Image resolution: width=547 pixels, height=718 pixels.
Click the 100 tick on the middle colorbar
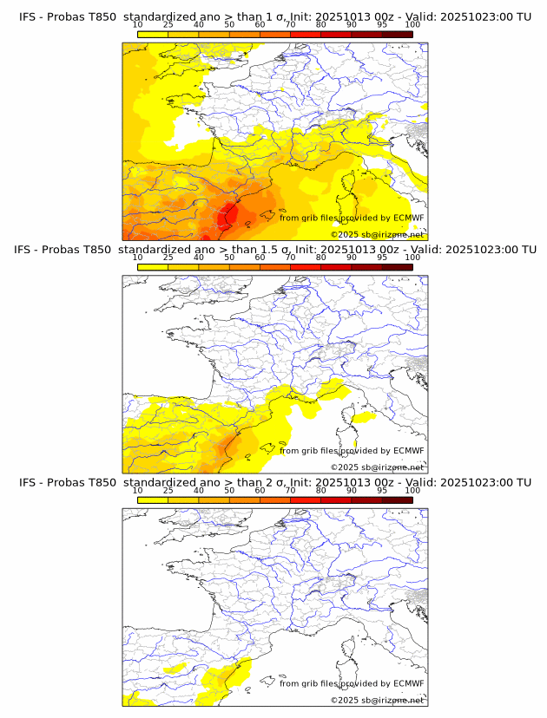click(x=412, y=258)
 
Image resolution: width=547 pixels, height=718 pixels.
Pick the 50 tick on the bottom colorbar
click(x=229, y=491)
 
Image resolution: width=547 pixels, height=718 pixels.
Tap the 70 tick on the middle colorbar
click(x=290, y=258)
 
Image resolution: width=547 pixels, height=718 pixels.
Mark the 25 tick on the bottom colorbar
click(x=168, y=491)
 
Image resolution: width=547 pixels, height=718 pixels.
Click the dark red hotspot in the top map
click(x=228, y=213)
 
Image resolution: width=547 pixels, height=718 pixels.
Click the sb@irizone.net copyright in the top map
click(x=377, y=235)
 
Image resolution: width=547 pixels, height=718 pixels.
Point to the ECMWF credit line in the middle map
click(x=352, y=451)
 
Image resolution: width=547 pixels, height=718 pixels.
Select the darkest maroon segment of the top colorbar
click(x=397, y=35)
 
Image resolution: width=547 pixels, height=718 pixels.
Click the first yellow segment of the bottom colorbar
click(x=153, y=499)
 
